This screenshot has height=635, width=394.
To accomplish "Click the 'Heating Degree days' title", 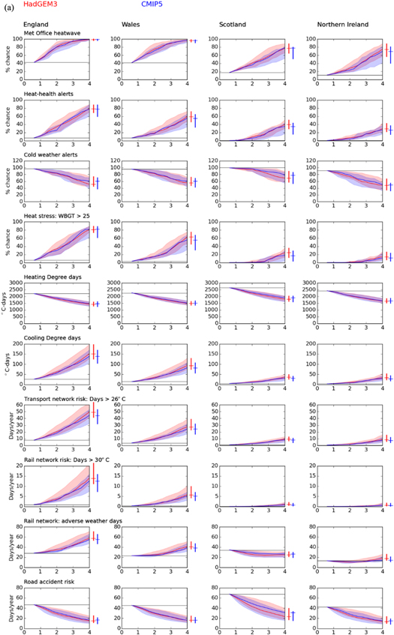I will [x=53, y=277].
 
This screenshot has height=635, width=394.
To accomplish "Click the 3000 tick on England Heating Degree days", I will [x=15, y=284].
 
